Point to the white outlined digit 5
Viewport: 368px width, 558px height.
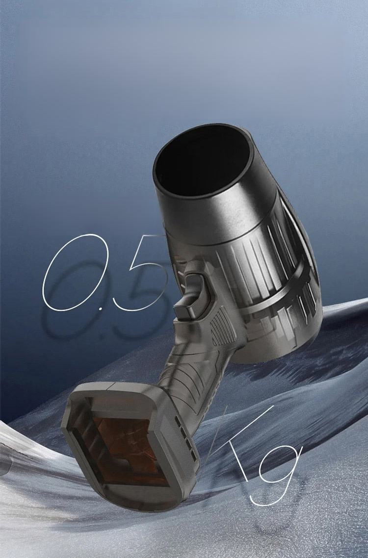[142, 271]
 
